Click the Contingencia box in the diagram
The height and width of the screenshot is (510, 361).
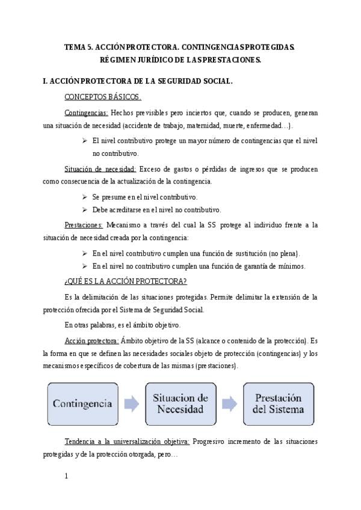point(82,404)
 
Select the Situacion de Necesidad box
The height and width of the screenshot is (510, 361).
point(180,404)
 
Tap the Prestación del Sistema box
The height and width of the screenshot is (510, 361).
point(278,404)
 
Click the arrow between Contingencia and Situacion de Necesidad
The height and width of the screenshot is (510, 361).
point(131,404)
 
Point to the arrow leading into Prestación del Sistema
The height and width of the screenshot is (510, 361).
point(229,404)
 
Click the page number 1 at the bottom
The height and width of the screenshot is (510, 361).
point(66,477)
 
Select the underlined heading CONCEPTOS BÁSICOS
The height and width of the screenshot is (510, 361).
point(102,97)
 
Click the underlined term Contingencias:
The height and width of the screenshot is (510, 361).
point(86,112)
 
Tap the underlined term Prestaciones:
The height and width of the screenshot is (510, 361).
point(84,225)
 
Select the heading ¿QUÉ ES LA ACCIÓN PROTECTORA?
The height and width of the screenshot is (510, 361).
point(125,281)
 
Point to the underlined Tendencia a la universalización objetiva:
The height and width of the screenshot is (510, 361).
point(126,441)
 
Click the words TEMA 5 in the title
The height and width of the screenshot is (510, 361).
point(77,46)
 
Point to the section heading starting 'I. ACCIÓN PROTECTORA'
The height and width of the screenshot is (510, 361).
point(138,81)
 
